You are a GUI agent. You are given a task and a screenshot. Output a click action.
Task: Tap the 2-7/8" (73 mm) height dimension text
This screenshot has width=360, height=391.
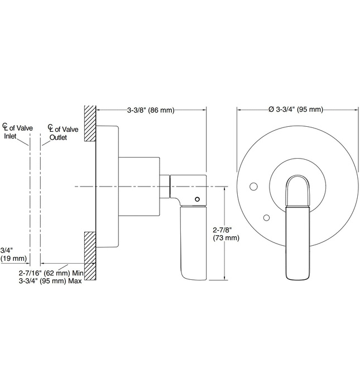point(225,233)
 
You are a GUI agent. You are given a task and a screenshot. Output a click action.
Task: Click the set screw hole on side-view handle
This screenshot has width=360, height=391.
point(196,198)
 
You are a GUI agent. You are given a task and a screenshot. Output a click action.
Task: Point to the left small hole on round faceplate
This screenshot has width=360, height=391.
point(253,185)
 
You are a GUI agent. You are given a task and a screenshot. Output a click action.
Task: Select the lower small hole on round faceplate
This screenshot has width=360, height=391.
point(267,217)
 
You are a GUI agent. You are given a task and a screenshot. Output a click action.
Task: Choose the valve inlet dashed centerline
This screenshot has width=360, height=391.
point(30,201)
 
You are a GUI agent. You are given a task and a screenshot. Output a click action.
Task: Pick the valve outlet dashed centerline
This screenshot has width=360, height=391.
point(40,201)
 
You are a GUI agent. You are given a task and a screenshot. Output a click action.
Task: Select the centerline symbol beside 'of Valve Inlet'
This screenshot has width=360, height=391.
point(6,128)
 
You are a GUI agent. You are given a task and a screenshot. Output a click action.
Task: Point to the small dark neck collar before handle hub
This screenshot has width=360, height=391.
point(165,186)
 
